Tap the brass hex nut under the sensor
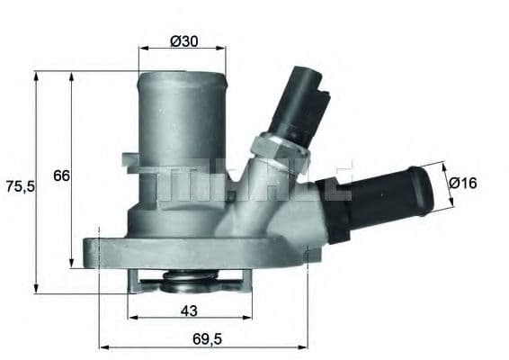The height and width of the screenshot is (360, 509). (x=277, y=148)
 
